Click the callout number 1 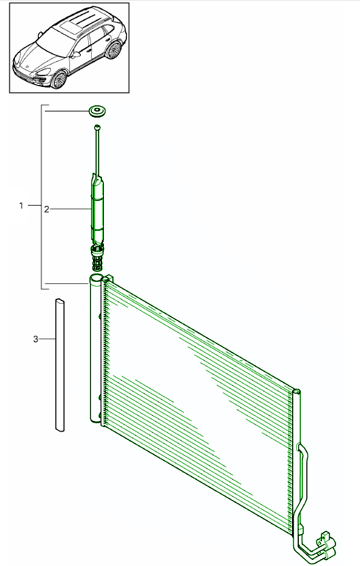[x=21, y=205]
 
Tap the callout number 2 [x=47, y=209]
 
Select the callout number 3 [x=36, y=339]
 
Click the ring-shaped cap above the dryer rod [x=97, y=111]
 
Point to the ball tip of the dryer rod [x=97, y=127]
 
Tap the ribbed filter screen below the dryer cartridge [x=97, y=259]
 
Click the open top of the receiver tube [x=96, y=279]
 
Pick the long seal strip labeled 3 [x=60, y=365]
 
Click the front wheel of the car [x=58, y=79]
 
